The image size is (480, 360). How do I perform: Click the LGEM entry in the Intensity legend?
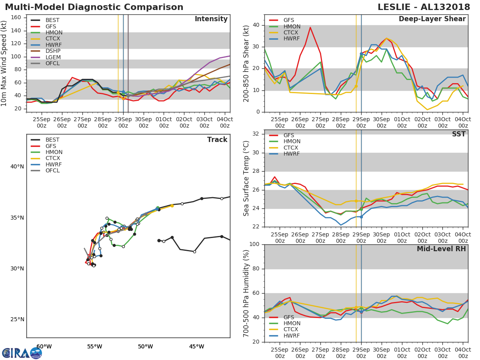point(52,57)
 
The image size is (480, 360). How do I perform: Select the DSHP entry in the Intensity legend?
point(52,51)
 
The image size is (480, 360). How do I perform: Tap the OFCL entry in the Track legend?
point(52,171)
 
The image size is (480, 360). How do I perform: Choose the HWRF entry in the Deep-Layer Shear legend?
point(291,39)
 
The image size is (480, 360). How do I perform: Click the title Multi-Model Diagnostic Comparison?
point(94,7)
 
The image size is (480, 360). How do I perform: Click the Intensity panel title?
point(211,19)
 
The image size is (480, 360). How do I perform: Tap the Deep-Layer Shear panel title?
point(432,19)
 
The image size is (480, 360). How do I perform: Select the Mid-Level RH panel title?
point(441,249)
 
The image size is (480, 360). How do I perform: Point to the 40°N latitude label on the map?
point(17,167)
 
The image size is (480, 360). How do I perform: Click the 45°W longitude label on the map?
point(196,346)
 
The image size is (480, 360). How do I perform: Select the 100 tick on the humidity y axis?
point(254,244)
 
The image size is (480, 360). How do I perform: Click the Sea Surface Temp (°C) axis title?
point(246,178)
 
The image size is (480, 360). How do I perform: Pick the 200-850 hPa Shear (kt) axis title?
point(246,63)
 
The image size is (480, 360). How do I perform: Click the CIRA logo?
point(22,353)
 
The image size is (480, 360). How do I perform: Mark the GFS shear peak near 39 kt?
point(310,27)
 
